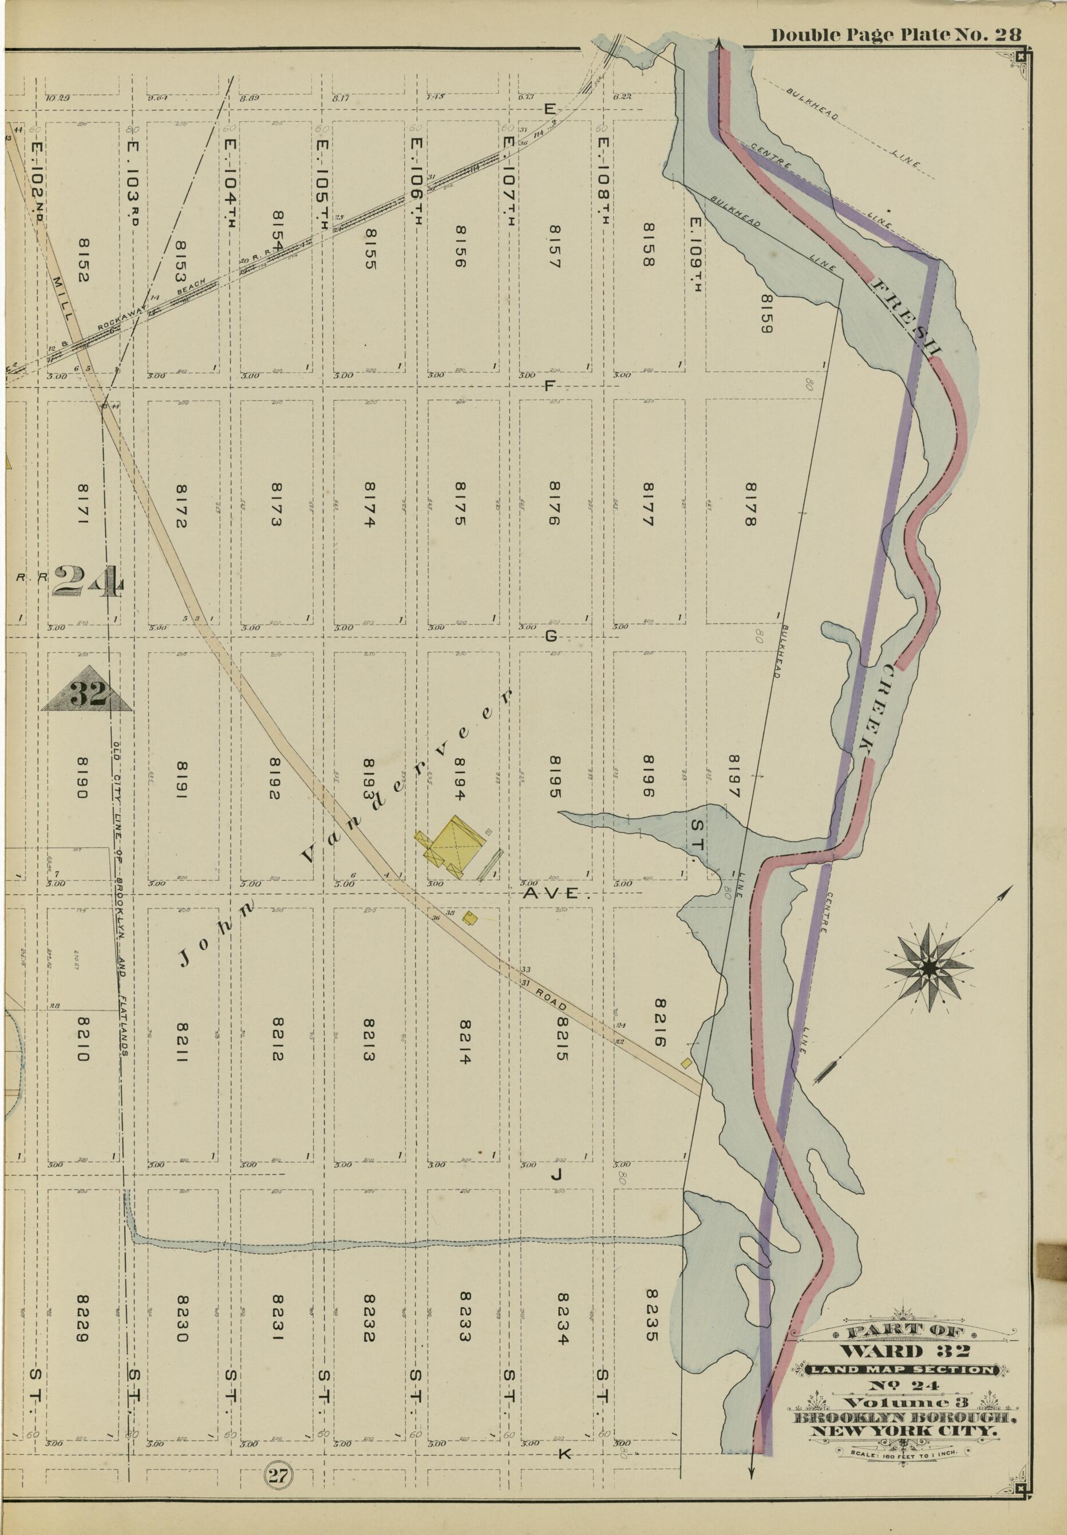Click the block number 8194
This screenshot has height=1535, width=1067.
pyautogui.click(x=462, y=778)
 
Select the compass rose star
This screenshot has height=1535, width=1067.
pyautogui.click(x=929, y=966)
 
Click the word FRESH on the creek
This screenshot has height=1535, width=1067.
pyautogui.click(x=907, y=314)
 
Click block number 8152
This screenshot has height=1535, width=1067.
pyautogui.click(x=83, y=261)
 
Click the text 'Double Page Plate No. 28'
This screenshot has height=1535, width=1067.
pyautogui.click(x=896, y=35)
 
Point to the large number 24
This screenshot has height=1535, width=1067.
pyautogui.click(x=88, y=581)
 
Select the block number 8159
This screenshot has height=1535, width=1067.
pyautogui.click(x=766, y=314)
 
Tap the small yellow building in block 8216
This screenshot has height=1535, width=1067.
pyautogui.click(x=686, y=1062)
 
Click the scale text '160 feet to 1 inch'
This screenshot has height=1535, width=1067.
pyautogui.click(x=904, y=1448)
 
